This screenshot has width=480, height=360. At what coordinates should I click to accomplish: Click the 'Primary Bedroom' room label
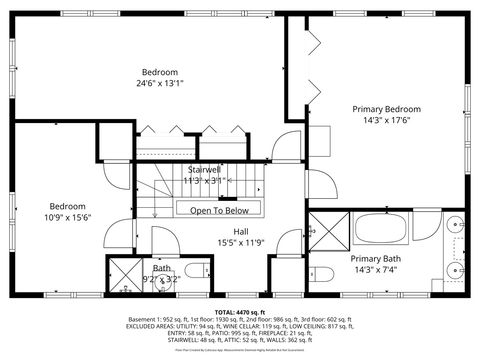click(x=386, y=108)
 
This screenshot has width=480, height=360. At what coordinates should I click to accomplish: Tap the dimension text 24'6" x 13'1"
click(x=159, y=84)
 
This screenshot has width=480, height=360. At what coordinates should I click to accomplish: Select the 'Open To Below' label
click(x=219, y=210)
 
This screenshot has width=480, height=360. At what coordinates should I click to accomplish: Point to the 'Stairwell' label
click(x=205, y=170)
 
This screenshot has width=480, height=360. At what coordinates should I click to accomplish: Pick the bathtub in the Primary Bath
click(x=381, y=228)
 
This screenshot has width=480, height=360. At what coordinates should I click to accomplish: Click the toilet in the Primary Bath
click(x=323, y=273)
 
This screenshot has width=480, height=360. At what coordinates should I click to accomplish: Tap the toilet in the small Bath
click(x=195, y=269)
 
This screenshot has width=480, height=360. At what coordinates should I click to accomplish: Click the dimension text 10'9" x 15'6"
click(x=67, y=217)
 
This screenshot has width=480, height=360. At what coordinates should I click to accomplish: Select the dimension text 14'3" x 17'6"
click(x=386, y=120)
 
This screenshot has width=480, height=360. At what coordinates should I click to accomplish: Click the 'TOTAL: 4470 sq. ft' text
click(x=239, y=311)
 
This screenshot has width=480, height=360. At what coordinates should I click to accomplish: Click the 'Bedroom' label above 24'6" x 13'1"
click(x=159, y=72)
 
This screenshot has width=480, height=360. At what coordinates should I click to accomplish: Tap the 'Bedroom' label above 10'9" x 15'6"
click(x=67, y=205)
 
